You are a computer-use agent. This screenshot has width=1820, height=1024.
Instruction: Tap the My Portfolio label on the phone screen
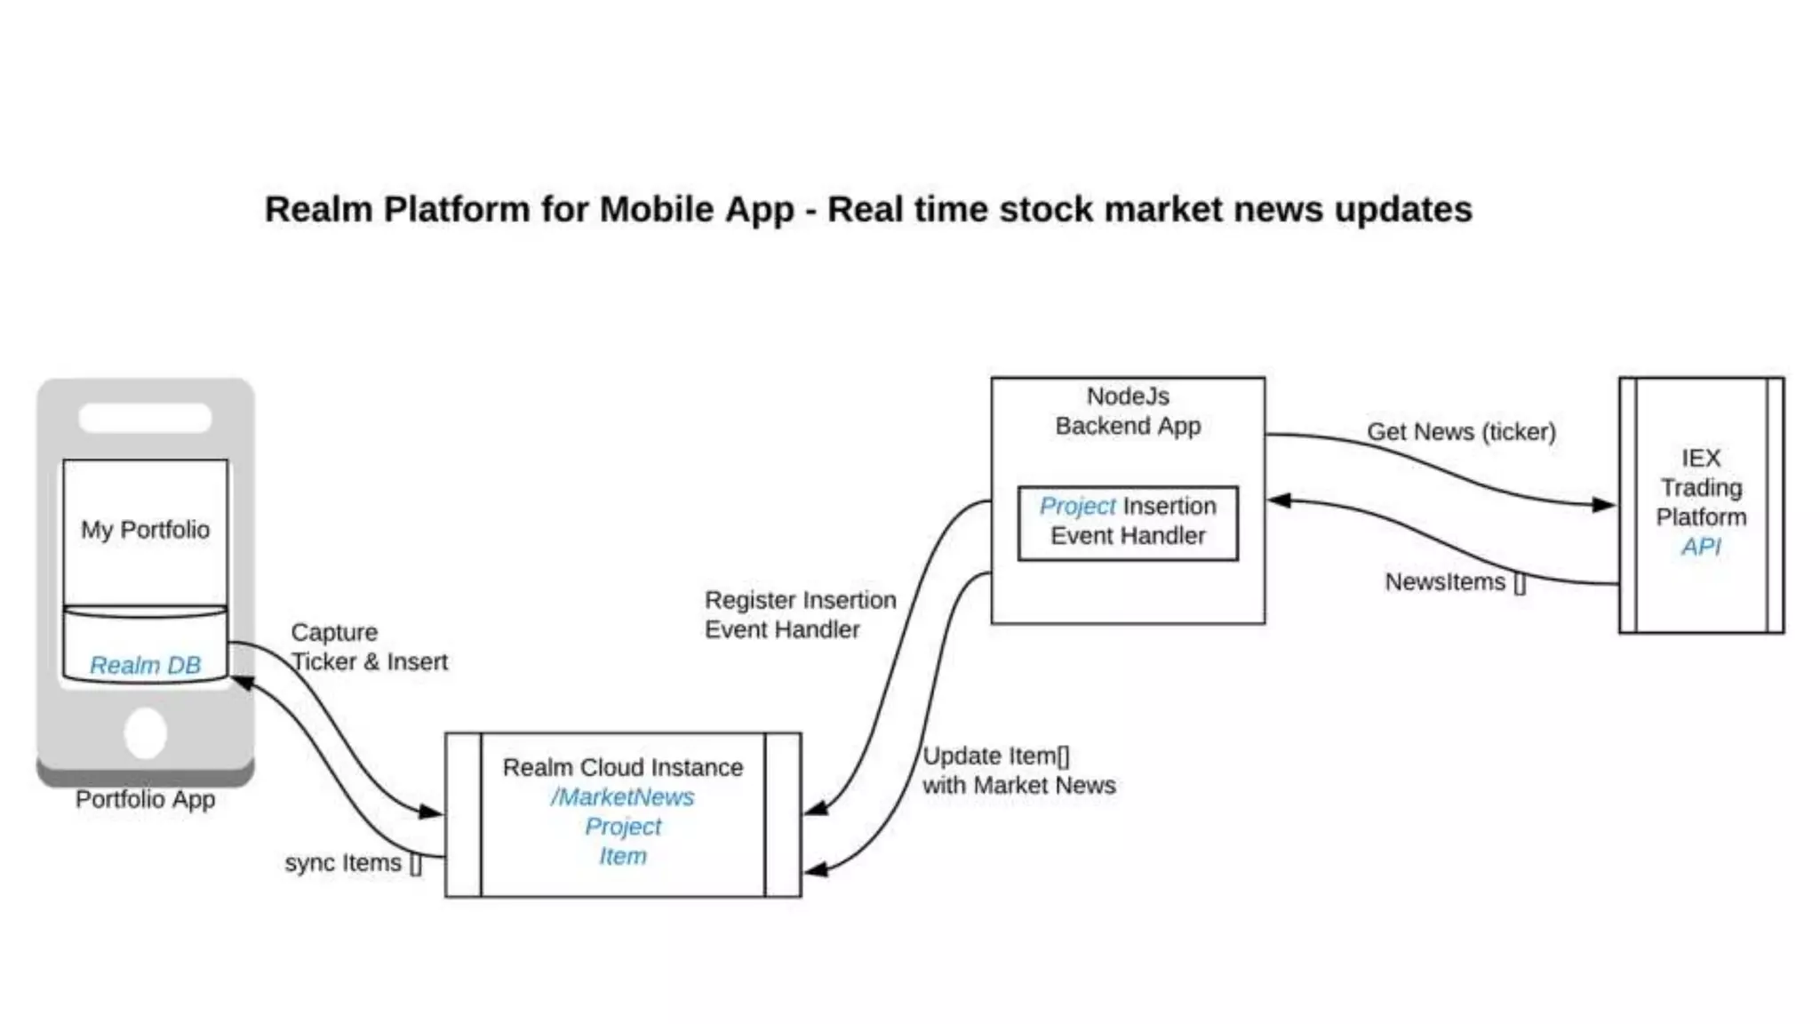146,530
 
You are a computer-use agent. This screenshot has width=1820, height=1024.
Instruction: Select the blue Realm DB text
146,665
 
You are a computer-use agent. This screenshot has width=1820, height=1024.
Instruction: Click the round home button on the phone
146,733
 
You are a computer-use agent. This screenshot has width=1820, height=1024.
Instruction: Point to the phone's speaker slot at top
145,418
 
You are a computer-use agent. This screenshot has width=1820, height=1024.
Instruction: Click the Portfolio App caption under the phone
146,799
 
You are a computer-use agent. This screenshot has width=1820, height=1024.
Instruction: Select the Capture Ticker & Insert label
368,647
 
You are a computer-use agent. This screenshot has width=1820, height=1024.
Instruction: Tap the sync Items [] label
353,863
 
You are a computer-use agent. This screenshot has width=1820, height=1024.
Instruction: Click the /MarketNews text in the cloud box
622,797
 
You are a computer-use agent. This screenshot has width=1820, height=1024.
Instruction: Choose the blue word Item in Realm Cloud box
622,857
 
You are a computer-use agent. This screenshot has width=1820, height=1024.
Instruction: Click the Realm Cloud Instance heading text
622,767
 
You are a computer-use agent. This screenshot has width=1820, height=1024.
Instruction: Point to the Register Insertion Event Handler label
800,614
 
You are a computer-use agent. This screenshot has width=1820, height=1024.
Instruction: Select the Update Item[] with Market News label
1018,771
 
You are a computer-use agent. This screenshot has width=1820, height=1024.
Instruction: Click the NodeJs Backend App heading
1128,411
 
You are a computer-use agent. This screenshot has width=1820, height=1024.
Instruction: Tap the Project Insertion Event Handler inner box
1128,522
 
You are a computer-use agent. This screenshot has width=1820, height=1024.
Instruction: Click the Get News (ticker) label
1461,432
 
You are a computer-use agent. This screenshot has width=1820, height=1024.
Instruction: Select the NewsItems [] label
1455,582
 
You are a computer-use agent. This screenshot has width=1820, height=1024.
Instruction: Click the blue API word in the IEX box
1700,547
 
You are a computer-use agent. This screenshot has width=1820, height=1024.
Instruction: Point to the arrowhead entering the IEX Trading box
1604,505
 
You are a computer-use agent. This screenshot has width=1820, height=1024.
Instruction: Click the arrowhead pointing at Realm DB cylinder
242,683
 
